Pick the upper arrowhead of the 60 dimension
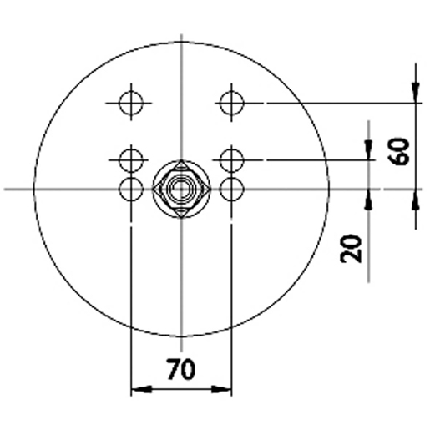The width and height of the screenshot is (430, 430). pyautogui.click(x=415, y=94)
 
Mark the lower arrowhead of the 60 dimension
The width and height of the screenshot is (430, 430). pyautogui.click(x=415, y=197)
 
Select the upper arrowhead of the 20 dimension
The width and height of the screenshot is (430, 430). pyautogui.click(x=368, y=150)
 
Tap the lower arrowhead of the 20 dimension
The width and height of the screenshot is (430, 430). pyautogui.click(x=368, y=197)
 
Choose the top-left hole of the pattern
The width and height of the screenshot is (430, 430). pyautogui.click(x=130, y=103)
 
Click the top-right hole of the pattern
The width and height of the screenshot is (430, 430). pyautogui.click(x=231, y=103)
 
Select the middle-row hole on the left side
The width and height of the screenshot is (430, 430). pyautogui.click(x=130, y=158)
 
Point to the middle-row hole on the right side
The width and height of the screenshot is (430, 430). pyautogui.click(x=231, y=158)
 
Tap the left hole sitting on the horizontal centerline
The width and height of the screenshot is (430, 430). pyautogui.click(x=131, y=190)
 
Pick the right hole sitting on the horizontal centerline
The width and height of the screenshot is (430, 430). pyautogui.click(x=231, y=190)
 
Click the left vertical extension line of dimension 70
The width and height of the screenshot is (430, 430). pyautogui.click(x=131, y=292)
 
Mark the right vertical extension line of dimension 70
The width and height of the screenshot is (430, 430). pyautogui.click(x=232, y=292)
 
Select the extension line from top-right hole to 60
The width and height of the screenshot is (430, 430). pyautogui.click(x=334, y=103)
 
